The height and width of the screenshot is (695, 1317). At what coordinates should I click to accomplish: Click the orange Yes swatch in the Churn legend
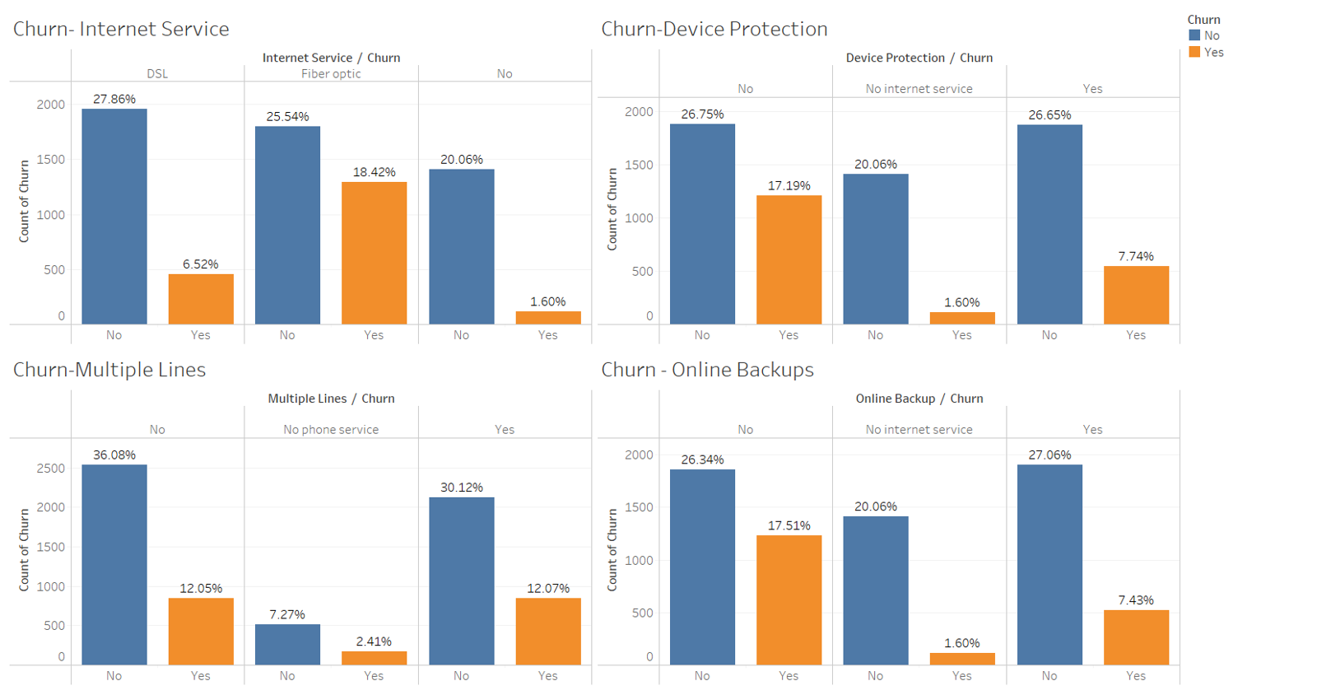click(1194, 52)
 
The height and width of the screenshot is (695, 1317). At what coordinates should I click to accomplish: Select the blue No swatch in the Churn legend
click(1194, 35)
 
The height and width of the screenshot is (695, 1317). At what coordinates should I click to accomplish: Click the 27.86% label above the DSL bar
click(114, 99)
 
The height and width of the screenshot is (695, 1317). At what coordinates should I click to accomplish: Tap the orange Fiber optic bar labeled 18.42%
click(374, 253)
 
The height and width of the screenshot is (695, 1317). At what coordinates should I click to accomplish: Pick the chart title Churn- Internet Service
click(121, 29)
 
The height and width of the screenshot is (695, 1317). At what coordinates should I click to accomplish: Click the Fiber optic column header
click(331, 73)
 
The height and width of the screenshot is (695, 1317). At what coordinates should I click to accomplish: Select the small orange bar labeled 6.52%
click(201, 298)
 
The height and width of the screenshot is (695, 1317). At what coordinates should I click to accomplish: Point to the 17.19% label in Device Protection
click(789, 185)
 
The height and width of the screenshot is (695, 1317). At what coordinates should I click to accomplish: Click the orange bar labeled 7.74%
click(1136, 294)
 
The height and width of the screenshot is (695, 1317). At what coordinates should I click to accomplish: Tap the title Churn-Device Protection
click(714, 29)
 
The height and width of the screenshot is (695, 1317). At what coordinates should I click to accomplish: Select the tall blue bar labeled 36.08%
click(114, 564)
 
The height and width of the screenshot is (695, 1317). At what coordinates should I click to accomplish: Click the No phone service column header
click(331, 429)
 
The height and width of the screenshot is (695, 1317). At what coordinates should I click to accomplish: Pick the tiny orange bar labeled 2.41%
click(374, 658)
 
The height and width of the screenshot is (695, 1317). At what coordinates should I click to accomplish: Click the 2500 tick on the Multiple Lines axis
click(51, 468)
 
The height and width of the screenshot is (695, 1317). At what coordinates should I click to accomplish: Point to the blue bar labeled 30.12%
click(461, 581)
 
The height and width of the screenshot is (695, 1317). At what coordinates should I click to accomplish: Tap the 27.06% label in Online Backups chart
click(1049, 455)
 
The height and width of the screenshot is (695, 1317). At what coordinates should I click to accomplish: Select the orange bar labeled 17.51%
click(789, 599)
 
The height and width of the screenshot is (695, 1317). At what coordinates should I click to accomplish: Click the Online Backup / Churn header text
click(919, 398)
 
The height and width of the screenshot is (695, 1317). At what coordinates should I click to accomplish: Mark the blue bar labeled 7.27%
click(287, 644)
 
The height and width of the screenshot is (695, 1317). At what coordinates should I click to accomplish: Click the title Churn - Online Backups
click(707, 370)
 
